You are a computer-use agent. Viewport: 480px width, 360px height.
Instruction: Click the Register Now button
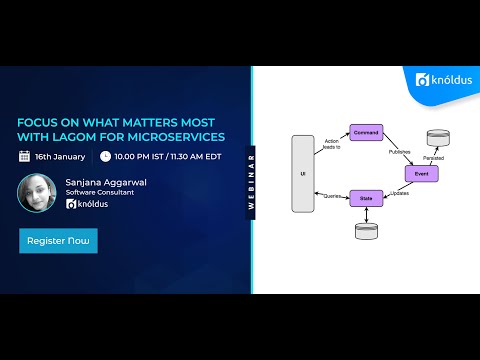click(x=58, y=241)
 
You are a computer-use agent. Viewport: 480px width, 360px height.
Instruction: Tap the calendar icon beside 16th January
click(x=24, y=157)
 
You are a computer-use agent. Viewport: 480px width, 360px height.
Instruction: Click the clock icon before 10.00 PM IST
click(x=105, y=157)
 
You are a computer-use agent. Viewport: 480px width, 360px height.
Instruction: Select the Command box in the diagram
click(x=367, y=132)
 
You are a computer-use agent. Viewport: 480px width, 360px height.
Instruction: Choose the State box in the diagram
click(x=367, y=198)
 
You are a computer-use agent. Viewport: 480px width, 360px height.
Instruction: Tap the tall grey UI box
click(x=303, y=173)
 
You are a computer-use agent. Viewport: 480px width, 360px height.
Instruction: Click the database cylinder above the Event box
click(x=436, y=139)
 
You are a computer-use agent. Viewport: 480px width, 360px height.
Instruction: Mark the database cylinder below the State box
click(x=367, y=230)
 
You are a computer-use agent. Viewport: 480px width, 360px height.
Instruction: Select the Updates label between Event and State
click(x=398, y=192)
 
